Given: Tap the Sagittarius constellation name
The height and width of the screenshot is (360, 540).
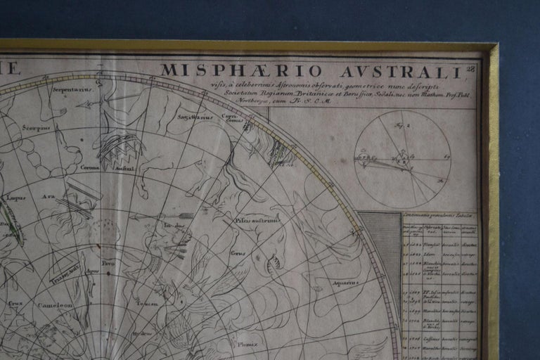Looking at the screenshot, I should click(x=195, y=117).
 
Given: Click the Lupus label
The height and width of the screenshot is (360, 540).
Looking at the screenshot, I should click(x=16, y=198).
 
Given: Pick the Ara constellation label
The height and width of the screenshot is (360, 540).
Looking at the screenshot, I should click(x=48, y=198).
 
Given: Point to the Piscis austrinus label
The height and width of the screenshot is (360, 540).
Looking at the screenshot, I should click(x=262, y=219).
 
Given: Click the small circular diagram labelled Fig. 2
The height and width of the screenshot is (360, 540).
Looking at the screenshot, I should click(x=402, y=159).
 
